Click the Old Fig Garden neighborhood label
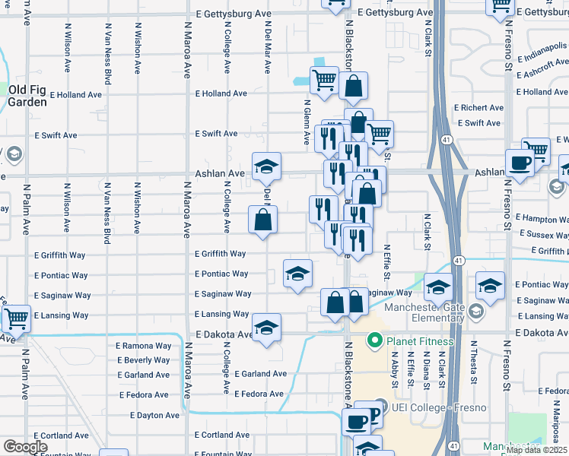[x=27, y=96]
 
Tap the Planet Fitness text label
[x=421, y=341]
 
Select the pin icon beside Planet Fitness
[x=374, y=340]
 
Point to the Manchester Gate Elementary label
[x=425, y=312]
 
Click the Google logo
[x=24, y=446]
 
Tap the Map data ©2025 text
[x=536, y=450]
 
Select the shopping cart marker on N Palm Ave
[x=15, y=318]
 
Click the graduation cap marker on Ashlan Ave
[x=266, y=166]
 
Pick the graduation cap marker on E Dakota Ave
[x=266, y=328]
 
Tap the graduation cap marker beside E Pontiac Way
[x=297, y=274]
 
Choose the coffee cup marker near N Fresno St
[x=520, y=163]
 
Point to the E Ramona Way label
[x=143, y=345]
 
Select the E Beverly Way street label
[x=143, y=360]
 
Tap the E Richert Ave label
[x=478, y=108]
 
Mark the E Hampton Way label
[x=542, y=217]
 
